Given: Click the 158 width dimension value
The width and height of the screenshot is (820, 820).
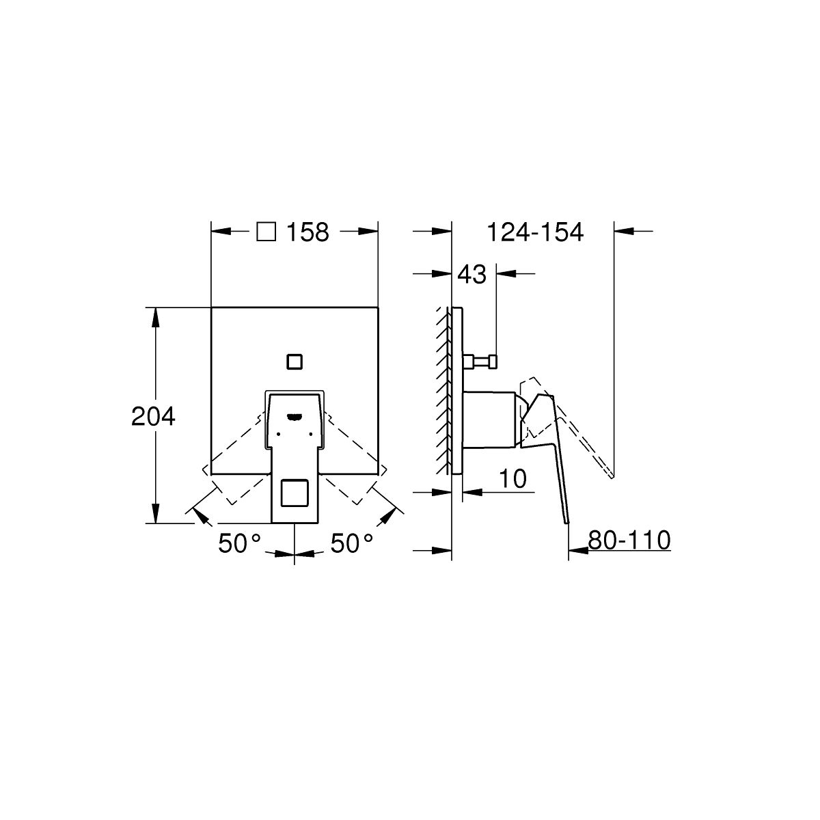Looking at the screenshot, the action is pyautogui.click(x=307, y=232).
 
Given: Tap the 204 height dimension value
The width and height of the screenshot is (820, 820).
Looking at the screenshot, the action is pyautogui.click(x=153, y=416).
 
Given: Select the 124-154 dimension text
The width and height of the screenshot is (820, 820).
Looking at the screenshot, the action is pyautogui.click(x=535, y=232).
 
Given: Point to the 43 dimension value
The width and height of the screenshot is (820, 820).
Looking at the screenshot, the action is pyautogui.click(x=471, y=275).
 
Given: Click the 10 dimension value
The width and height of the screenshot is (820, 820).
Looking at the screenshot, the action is pyautogui.click(x=512, y=479).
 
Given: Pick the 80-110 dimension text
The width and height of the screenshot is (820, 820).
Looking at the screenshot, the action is pyautogui.click(x=629, y=540).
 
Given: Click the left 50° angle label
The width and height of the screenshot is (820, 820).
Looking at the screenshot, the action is pyautogui.click(x=239, y=543).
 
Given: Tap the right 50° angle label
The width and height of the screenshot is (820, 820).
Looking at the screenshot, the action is pyautogui.click(x=351, y=543).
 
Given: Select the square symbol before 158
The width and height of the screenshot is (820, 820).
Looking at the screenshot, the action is pyautogui.click(x=266, y=232).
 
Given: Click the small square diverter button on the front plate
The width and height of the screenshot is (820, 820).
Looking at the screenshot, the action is pyautogui.click(x=295, y=361).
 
